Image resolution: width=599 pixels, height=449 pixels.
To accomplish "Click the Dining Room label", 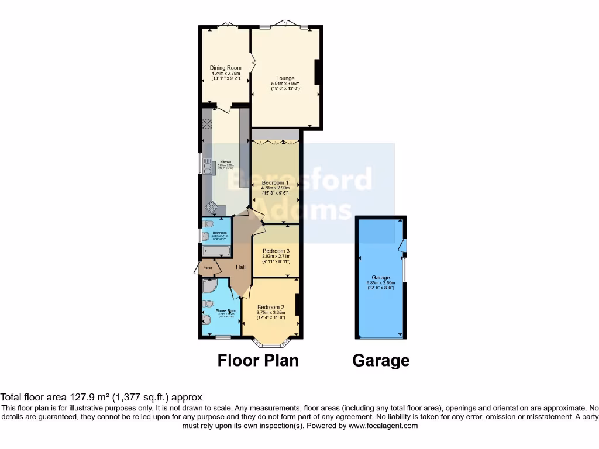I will (x=226, y=68).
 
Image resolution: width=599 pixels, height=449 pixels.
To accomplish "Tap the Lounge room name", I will (x=285, y=78).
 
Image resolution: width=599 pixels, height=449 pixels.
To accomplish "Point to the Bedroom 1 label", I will (x=276, y=182).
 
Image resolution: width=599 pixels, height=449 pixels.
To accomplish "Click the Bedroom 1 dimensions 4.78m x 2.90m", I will (x=276, y=188).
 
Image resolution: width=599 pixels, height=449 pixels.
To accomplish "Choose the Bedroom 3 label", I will (x=276, y=251).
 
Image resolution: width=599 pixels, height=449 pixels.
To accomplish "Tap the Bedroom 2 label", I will (x=270, y=307).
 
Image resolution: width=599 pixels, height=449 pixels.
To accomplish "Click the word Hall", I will (x=240, y=267).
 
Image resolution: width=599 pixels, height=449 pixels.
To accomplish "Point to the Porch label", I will (x=206, y=268).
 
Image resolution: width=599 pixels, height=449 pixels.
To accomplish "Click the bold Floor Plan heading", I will (x=258, y=360).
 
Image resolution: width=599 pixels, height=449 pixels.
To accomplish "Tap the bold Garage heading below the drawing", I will (x=380, y=360).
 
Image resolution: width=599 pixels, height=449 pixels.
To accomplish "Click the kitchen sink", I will (x=207, y=166).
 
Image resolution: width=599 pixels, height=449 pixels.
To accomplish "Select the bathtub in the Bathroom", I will (x=216, y=251).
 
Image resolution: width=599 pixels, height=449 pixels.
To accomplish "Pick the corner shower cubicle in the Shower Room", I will (x=209, y=286).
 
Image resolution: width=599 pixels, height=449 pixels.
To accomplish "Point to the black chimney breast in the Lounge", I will (x=318, y=72).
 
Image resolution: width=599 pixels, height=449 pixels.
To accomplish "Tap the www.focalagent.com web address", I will (x=383, y=426).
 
